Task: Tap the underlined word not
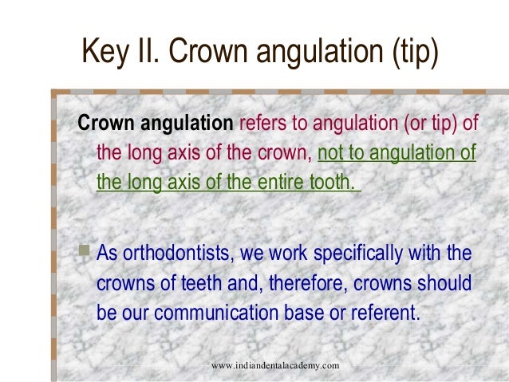333,153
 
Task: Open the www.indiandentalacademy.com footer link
275,364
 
